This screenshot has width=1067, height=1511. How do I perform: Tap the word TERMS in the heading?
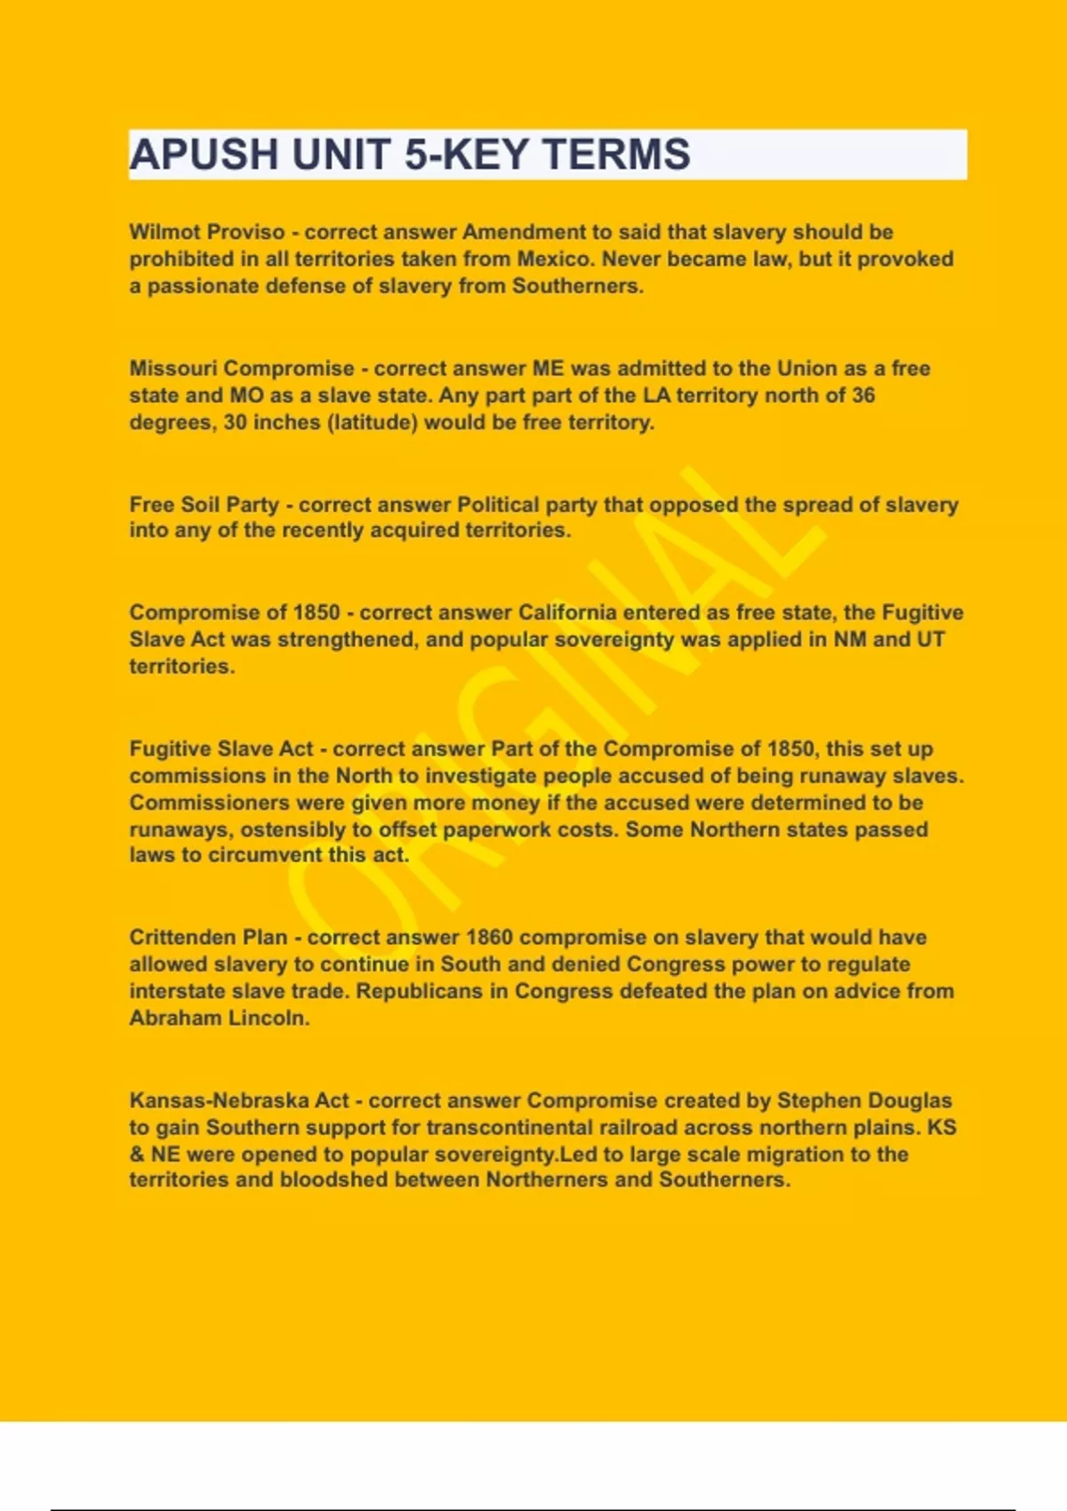click(616, 155)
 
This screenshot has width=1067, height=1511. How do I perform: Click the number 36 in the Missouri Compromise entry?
click(862, 395)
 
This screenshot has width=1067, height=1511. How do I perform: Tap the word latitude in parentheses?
click(373, 422)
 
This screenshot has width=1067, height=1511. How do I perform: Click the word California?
click(567, 612)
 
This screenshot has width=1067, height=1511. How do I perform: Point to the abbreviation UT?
click(930, 639)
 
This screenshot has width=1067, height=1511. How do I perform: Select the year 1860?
click(489, 937)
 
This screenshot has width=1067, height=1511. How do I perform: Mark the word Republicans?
click(420, 991)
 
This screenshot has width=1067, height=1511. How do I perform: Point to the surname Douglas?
click(909, 1100)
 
